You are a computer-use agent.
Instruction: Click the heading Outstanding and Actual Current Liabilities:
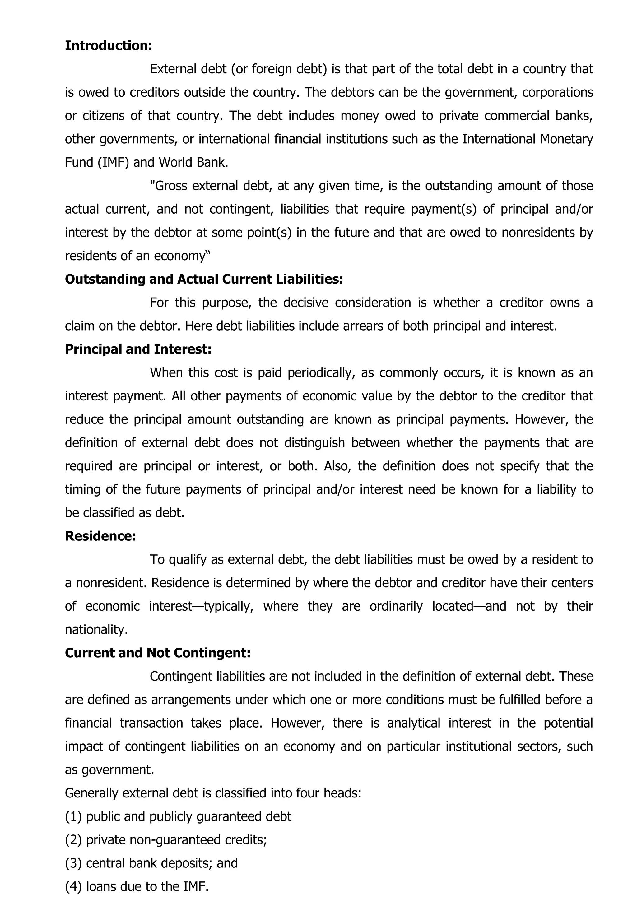[x=204, y=279]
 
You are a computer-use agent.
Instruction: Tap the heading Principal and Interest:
[x=138, y=349]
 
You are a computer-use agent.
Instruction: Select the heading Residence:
[x=100, y=536]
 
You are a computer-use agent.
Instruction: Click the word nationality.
[x=96, y=630]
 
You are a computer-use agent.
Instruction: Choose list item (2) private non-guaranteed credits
[x=166, y=840]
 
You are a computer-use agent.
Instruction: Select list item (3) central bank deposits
[x=151, y=863]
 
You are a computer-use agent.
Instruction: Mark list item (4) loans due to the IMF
[x=137, y=886]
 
